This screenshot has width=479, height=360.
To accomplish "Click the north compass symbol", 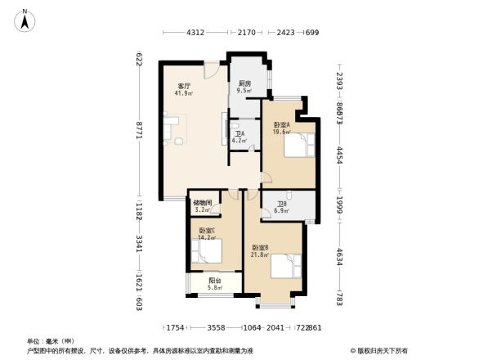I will point(25,20).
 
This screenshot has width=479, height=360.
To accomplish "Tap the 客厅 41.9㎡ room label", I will point(184,89).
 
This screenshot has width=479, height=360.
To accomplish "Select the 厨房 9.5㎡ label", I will point(244,88).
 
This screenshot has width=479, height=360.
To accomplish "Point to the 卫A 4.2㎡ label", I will point(239,137).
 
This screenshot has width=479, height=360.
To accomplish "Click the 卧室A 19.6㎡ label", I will point(282,128).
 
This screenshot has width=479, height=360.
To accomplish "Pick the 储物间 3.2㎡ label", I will point(203,207).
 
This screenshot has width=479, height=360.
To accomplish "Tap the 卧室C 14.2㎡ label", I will point(207,235).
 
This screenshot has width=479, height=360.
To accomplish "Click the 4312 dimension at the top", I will point(195,33).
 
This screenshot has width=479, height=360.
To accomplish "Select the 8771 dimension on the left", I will point(140,129).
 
